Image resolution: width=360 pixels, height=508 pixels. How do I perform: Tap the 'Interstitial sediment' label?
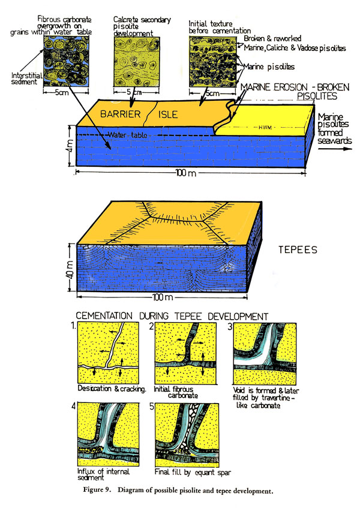(x=23, y=80)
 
